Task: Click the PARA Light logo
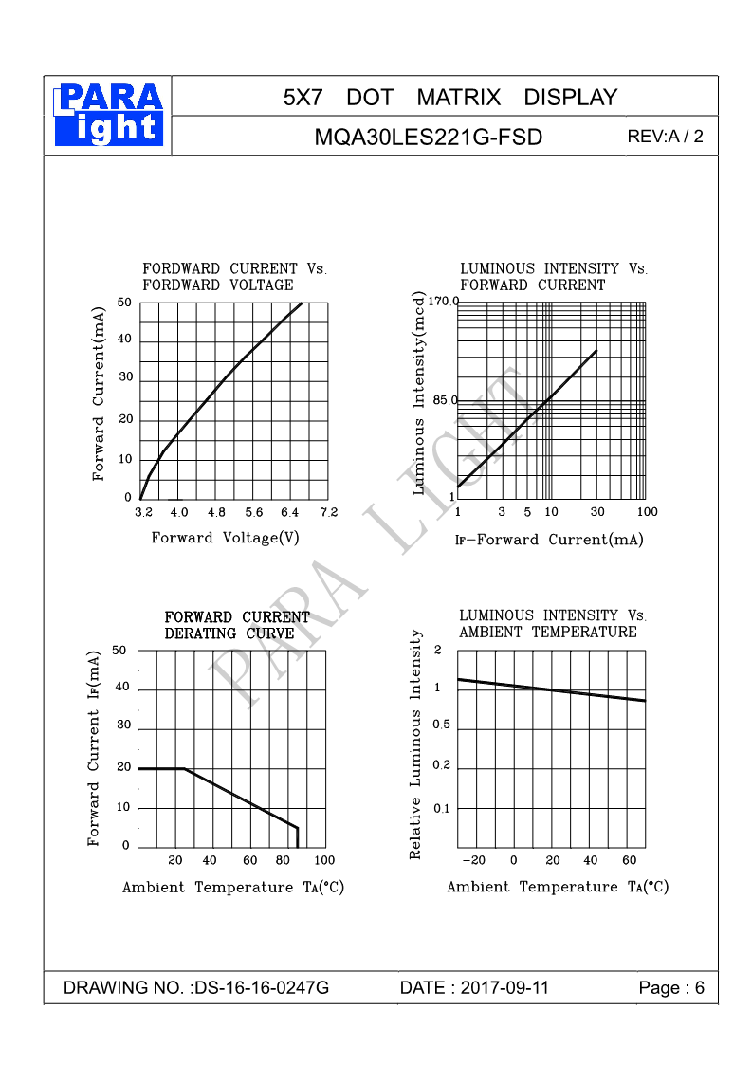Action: click(x=108, y=115)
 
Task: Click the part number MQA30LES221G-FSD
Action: click(x=428, y=138)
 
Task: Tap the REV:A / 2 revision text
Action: click(x=665, y=137)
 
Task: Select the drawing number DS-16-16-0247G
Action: click(x=261, y=988)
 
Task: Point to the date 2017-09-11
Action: click(x=504, y=988)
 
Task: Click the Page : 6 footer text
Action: click(x=671, y=988)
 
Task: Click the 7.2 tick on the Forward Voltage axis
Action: click(x=328, y=513)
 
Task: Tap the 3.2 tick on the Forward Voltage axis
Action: click(x=142, y=513)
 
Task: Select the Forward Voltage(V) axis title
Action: click(x=225, y=539)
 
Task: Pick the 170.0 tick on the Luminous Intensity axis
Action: click(x=442, y=302)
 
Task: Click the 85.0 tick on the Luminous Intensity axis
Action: click(x=445, y=400)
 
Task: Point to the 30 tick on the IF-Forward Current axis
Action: click(x=597, y=513)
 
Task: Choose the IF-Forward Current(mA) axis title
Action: click(x=549, y=540)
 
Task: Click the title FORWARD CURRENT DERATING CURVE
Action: click(x=237, y=626)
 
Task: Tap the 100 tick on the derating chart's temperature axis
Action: click(x=324, y=860)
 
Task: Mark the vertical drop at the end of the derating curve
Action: click(x=297, y=837)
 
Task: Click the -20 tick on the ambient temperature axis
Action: click(x=473, y=860)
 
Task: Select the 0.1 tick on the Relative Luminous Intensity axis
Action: click(x=442, y=809)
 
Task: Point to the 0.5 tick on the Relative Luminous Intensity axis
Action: click(x=442, y=725)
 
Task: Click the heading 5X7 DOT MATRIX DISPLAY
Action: click(x=449, y=97)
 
